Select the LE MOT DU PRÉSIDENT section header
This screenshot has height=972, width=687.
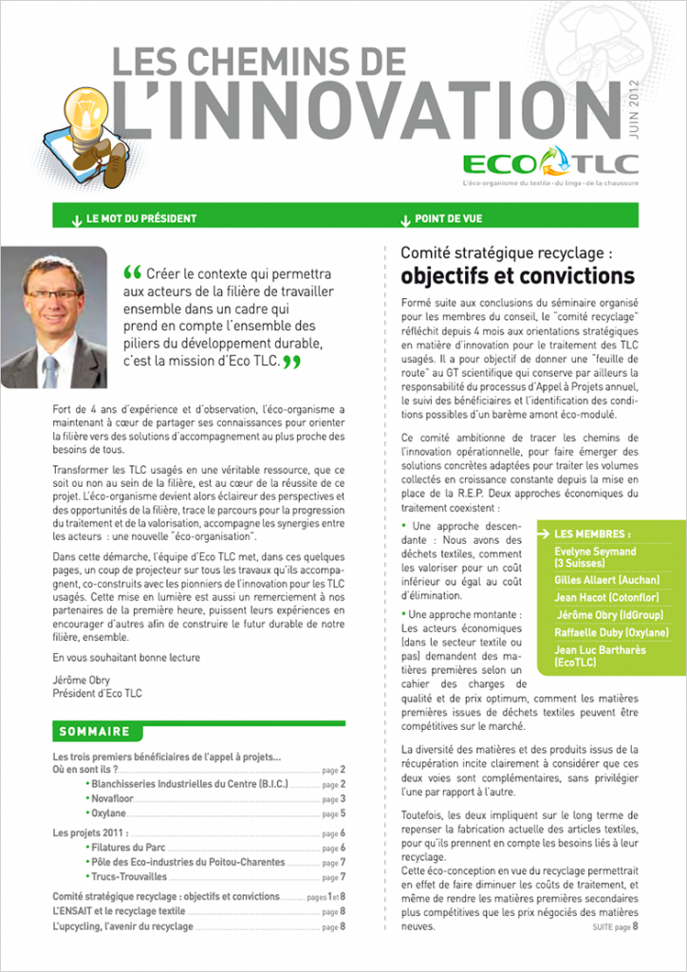[140, 218]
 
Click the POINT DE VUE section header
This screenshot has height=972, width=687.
[448, 218]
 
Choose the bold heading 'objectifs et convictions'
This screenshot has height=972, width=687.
[517, 276]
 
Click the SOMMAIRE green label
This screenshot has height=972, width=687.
[94, 732]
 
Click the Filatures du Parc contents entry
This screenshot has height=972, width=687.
[130, 847]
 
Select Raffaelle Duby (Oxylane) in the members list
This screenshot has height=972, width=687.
[611, 632]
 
